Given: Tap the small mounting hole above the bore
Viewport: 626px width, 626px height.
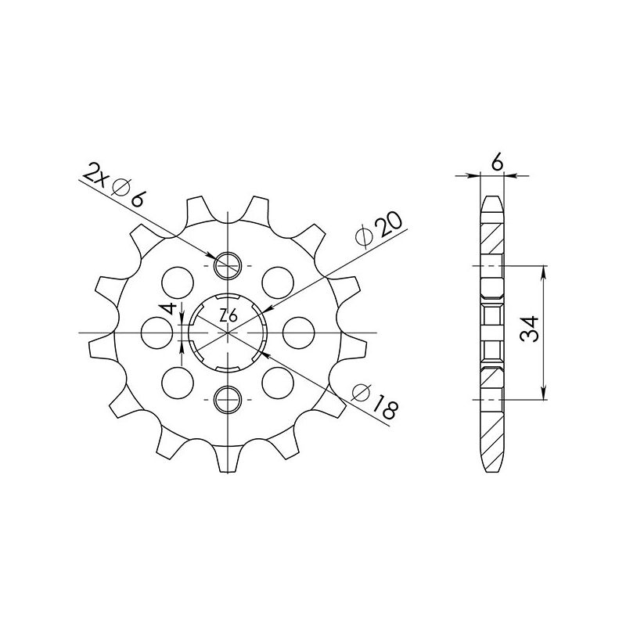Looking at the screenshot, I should [228, 266].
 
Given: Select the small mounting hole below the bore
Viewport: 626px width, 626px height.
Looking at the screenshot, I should [228, 399].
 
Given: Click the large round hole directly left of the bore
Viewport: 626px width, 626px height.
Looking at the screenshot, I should [159, 333].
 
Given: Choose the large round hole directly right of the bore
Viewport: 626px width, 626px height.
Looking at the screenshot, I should [297, 333].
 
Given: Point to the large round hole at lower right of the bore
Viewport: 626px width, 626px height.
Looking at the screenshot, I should [277, 383].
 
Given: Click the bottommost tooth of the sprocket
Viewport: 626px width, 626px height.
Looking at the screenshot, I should [228, 462].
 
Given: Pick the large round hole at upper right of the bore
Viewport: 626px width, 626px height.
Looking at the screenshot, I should [277, 281].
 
